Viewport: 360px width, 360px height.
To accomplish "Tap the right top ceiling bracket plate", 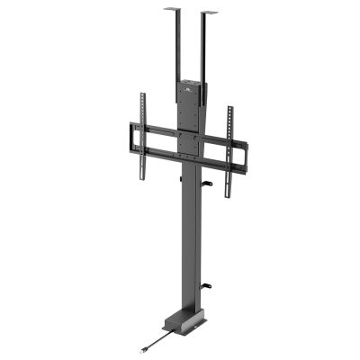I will (209, 13).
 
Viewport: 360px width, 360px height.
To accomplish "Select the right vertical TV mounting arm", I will (229, 139).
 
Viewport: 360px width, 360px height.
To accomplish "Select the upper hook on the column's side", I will (206, 184).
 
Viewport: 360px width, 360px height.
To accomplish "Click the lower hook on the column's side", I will (206, 287).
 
